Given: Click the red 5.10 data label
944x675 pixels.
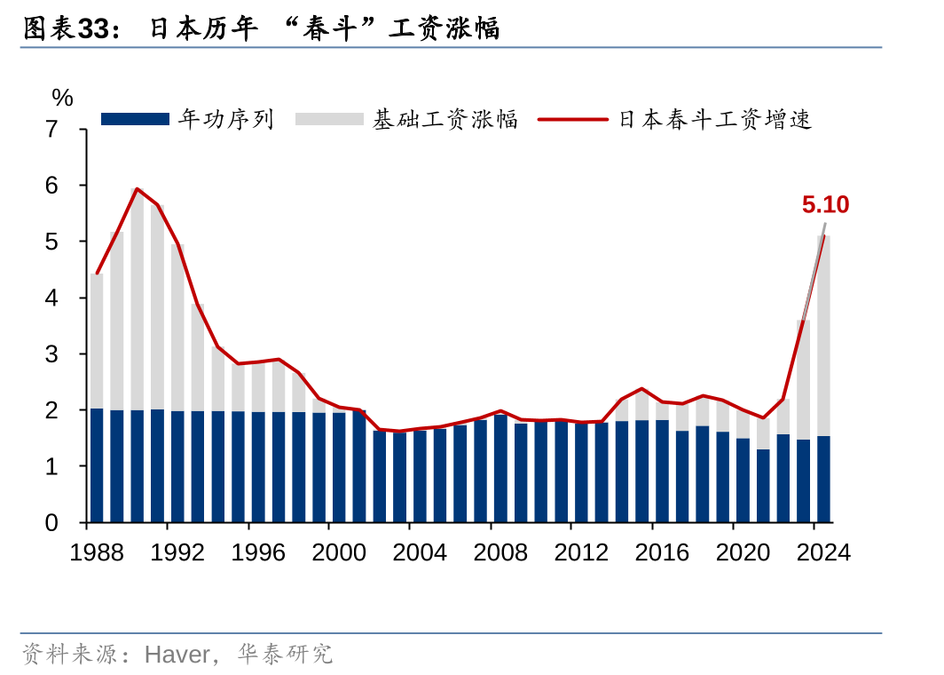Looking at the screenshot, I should click(x=825, y=205).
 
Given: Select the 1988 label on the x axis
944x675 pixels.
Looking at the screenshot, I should click(x=97, y=552).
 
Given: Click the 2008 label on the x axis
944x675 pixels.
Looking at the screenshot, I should click(x=500, y=552).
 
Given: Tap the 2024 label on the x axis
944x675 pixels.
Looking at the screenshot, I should click(x=823, y=552).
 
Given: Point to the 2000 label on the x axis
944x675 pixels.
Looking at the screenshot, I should click(x=339, y=552).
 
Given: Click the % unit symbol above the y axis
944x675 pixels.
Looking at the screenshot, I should click(x=62, y=98).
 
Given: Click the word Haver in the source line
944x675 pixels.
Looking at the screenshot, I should click(x=177, y=655).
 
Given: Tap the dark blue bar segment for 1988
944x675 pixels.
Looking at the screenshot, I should click(x=97, y=465).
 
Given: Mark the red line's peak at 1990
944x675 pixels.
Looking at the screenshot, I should click(x=138, y=188).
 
